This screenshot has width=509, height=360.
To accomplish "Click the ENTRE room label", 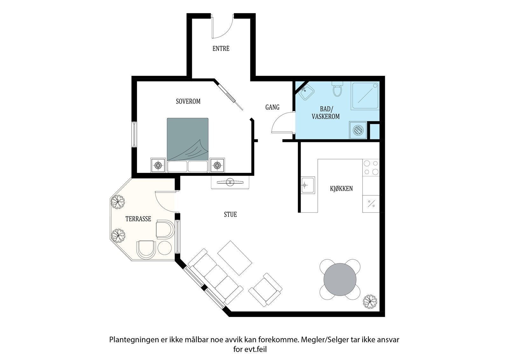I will point(221,49).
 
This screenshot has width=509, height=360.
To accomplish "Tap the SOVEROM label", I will point(188,101).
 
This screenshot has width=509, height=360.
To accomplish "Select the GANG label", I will point(272,107).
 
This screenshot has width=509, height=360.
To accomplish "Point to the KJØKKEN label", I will point(341,188).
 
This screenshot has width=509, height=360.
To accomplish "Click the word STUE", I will point(230,215).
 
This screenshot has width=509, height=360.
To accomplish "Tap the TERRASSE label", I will point(138,219).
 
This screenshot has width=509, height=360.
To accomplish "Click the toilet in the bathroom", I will point(337,89).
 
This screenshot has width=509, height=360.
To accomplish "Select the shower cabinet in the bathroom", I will point(365,96).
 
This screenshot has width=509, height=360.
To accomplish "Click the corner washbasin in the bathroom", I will point(306,92).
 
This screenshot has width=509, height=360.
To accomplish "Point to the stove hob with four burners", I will point(371,168).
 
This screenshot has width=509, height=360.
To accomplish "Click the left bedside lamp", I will point(158,165).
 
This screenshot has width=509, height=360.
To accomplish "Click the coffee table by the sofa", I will point(235,258).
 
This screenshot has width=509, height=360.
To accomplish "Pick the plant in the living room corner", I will point(370,301).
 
